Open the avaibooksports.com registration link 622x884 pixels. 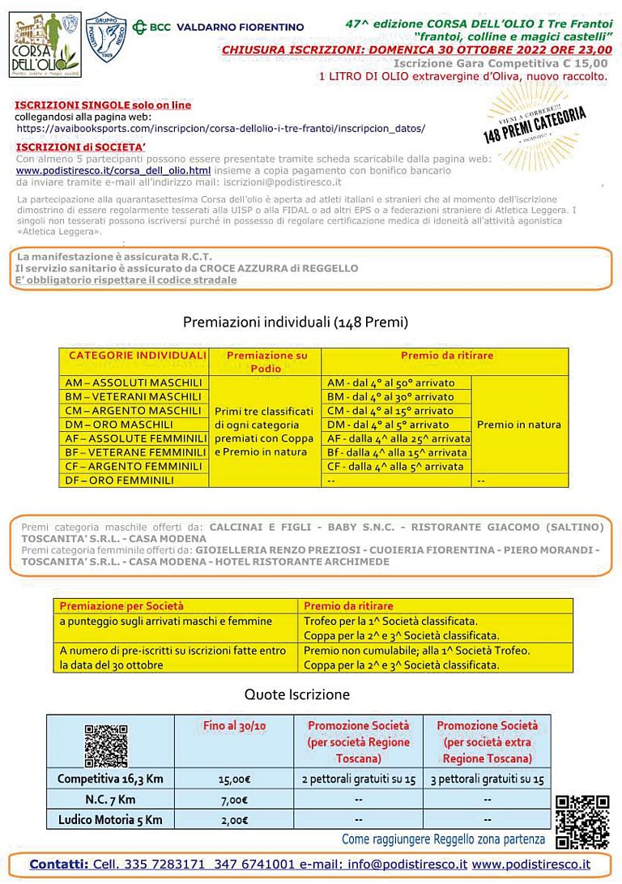click(220, 128)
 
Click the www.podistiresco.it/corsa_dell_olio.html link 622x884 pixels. click(113, 171)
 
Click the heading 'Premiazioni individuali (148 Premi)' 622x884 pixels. click(295, 322)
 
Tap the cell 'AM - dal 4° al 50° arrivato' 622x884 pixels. click(390, 383)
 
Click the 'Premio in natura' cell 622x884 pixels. click(518, 425)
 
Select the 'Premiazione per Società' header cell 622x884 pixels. click(122, 605)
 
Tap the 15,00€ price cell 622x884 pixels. click(235, 779)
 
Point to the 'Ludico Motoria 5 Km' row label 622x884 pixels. click(110, 819)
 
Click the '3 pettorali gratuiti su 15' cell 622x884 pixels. click(488, 779)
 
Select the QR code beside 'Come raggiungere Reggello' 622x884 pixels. click(582, 822)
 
